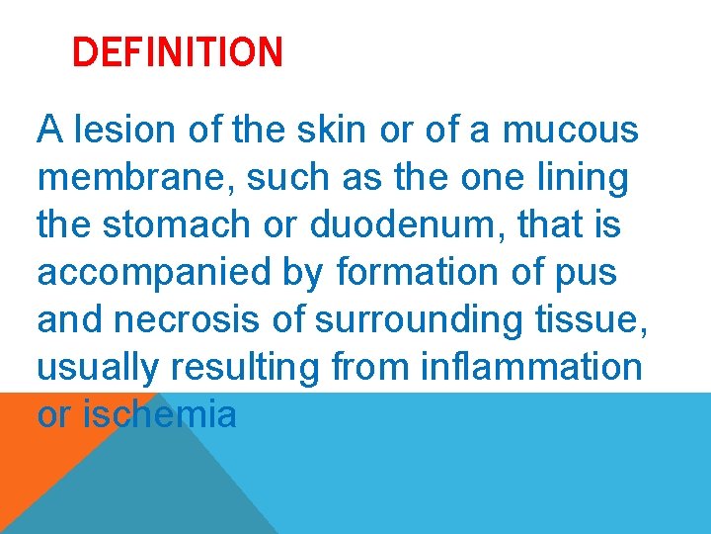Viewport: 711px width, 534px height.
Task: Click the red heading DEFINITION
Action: pos(178,51)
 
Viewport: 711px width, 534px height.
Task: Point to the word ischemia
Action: pos(160,415)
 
